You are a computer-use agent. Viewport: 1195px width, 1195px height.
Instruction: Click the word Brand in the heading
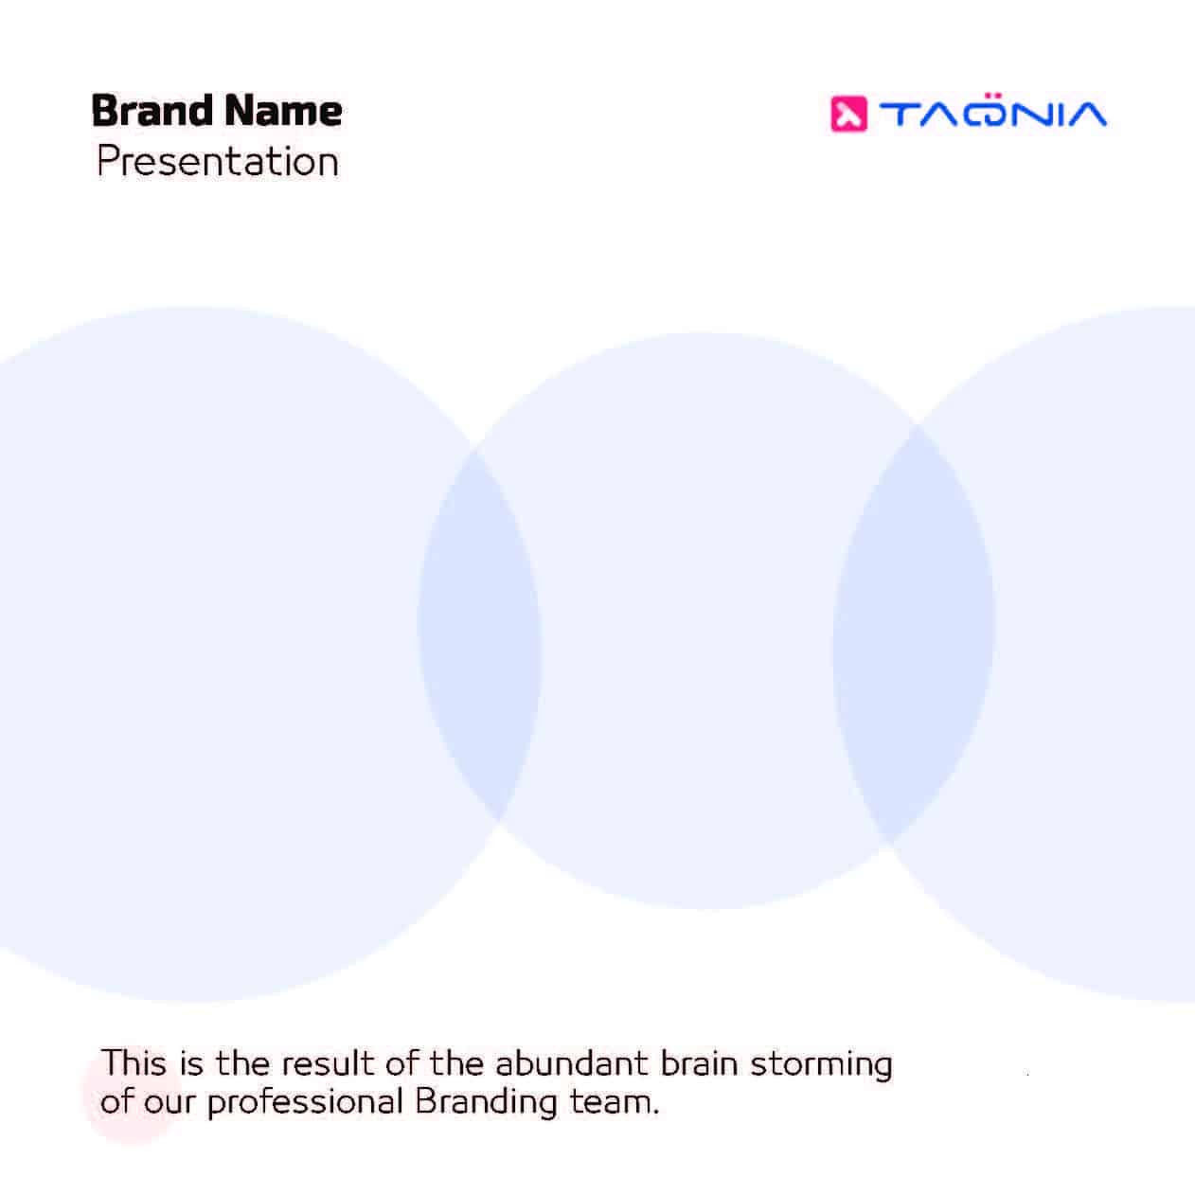[152, 111]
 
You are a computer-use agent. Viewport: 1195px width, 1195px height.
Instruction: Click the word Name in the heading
[283, 112]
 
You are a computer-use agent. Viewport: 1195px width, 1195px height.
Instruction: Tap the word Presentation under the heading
[218, 161]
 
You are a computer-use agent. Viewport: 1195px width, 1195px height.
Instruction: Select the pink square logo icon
[848, 115]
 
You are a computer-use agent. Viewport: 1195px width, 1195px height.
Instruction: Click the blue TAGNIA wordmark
[993, 113]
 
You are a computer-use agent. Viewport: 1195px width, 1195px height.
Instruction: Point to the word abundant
[571, 1063]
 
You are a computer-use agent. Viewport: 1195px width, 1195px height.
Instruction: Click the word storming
[821, 1065]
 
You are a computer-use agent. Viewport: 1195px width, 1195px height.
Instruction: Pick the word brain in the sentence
[699, 1063]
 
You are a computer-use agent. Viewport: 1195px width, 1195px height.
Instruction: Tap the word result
[328, 1063]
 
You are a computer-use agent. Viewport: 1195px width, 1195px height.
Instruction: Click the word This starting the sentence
[134, 1063]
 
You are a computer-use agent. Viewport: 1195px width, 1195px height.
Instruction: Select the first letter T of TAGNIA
[900, 115]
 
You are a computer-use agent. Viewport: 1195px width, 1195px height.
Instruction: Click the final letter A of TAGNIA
[1082, 115]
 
